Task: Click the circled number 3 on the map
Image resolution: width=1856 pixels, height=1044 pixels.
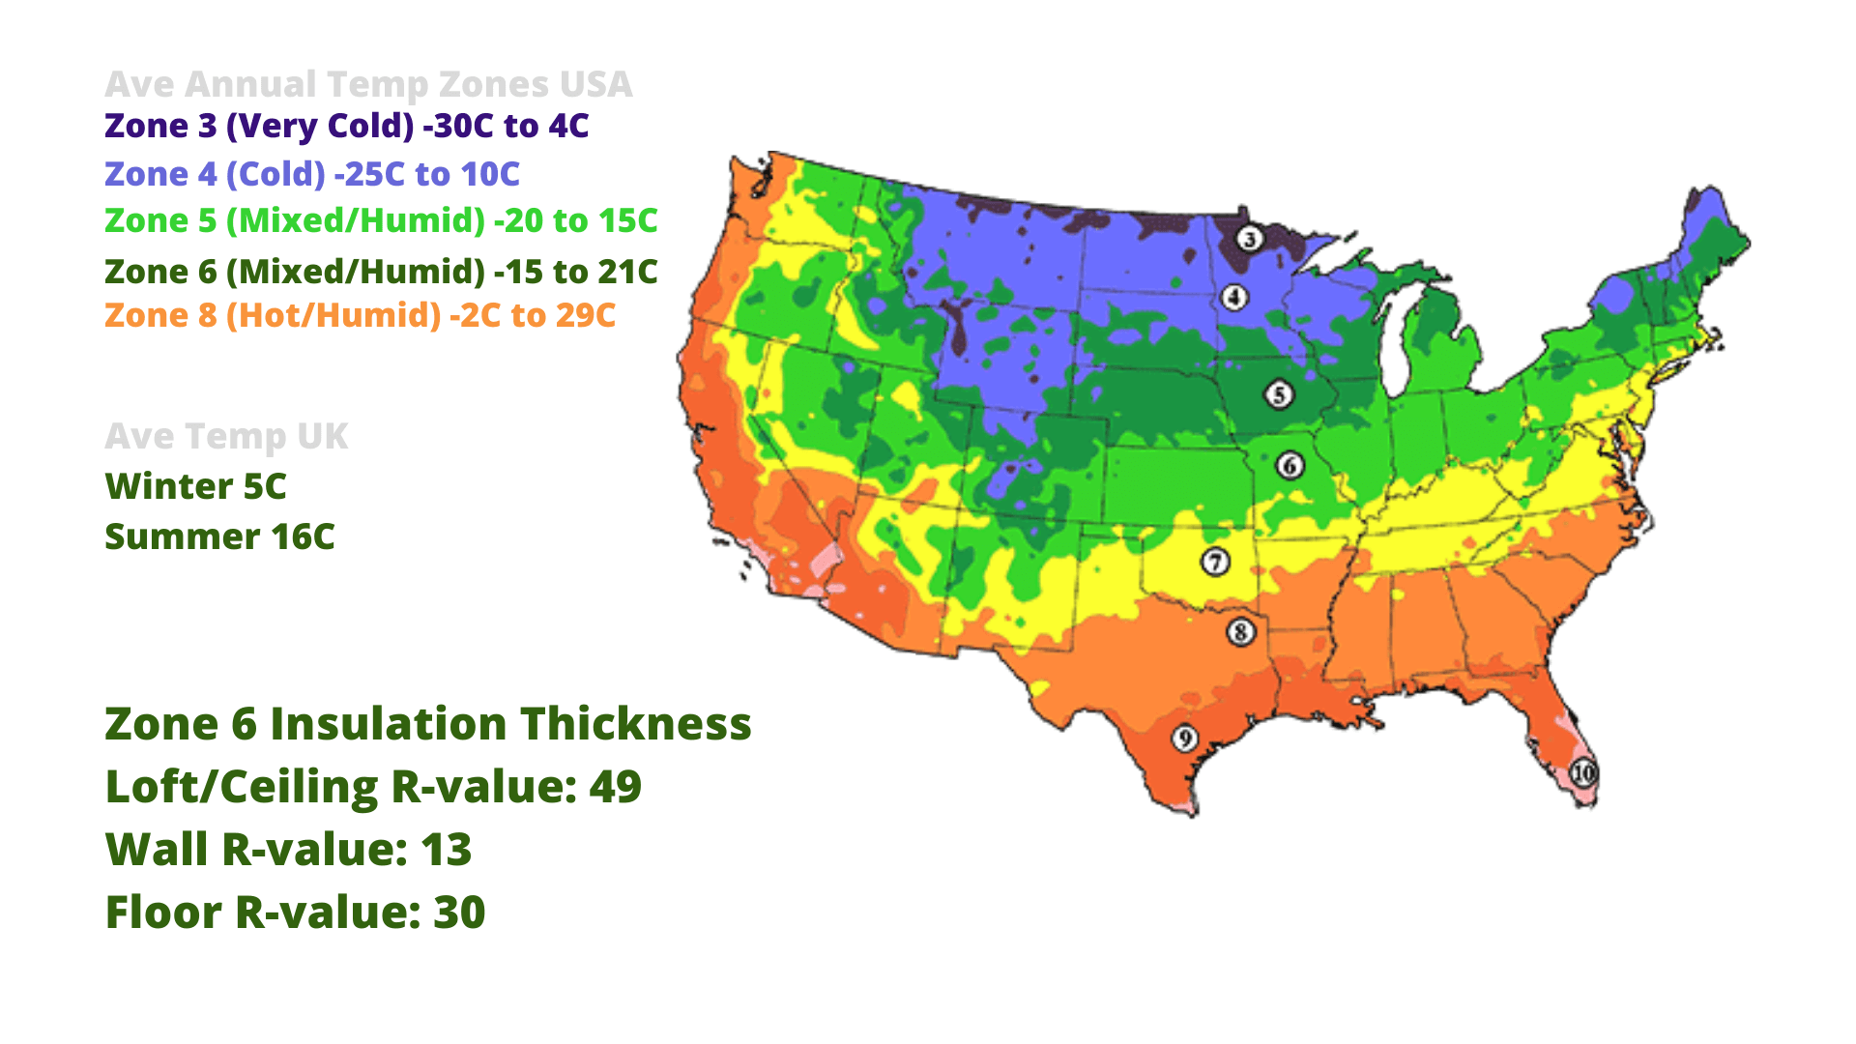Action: (1250, 239)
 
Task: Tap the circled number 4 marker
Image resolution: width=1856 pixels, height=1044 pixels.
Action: (1234, 297)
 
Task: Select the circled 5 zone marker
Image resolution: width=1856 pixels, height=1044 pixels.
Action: (1279, 394)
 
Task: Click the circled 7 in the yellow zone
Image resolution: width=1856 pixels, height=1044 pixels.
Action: (1215, 562)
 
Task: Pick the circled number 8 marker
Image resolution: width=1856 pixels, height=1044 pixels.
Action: (1241, 632)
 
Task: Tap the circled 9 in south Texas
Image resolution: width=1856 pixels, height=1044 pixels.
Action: (1185, 739)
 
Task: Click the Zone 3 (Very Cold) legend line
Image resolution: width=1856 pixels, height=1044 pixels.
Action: (346, 126)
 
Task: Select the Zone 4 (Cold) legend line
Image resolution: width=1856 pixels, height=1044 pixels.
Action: (312, 174)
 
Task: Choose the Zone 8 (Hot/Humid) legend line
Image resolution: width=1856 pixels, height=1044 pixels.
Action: (360, 315)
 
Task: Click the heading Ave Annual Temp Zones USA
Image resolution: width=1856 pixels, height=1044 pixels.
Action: (368, 84)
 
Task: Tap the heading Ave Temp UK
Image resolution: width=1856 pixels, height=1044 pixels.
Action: (226, 436)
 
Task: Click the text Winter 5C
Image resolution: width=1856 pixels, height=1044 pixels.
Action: (195, 486)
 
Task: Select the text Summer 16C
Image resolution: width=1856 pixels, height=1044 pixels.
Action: (219, 536)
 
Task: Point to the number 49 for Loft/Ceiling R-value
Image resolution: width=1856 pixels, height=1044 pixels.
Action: (615, 787)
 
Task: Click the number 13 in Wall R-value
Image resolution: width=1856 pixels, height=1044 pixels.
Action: (446, 850)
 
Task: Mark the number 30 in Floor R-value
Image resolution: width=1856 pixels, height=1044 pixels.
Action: (459, 913)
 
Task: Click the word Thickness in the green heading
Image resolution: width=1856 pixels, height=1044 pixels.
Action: (636, 724)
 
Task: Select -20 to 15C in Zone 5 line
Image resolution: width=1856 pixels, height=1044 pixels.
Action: (576, 220)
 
